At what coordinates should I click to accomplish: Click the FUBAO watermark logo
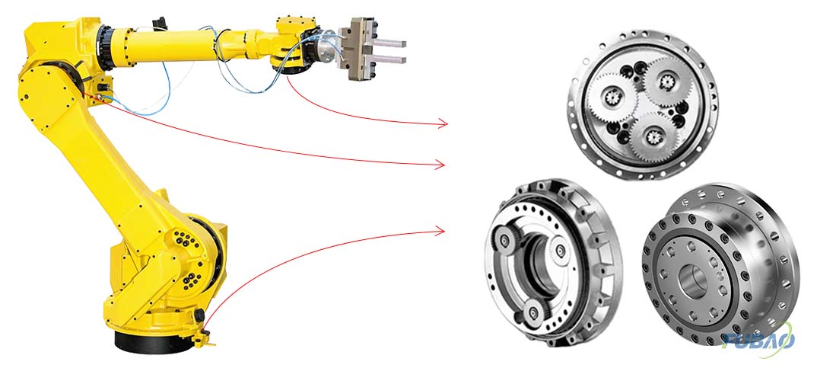(758, 341)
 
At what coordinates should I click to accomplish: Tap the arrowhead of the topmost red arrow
(443, 123)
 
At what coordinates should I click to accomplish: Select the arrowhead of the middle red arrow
(440, 165)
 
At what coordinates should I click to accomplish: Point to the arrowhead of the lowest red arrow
(440, 231)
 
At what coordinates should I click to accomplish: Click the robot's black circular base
(151, 342)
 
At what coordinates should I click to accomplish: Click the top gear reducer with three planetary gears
(643, 104)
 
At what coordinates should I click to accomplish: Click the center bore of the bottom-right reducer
(694, 281)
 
